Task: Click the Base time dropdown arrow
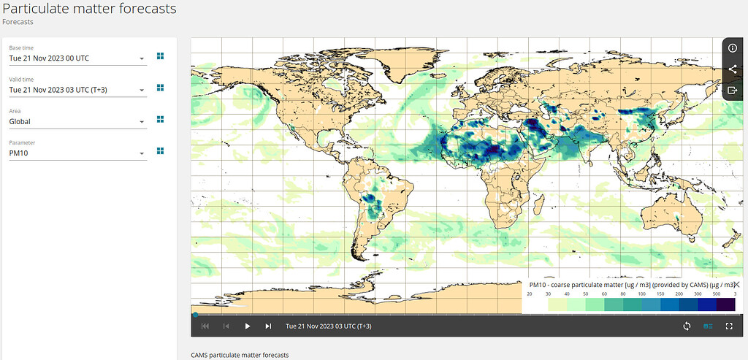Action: click(142, 59)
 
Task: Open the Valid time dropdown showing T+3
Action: click(77, 91)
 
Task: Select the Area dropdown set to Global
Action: click(77, 122)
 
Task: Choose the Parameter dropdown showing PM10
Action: click(77, 153)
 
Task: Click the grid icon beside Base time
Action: click(160, 55)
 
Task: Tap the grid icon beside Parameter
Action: click(160, 150)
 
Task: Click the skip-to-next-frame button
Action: click(268, 326)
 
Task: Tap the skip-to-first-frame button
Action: click(205, 326)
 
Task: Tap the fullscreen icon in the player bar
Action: click(729, 326)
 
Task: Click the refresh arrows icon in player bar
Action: click(687, 326)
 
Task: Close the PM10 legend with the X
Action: click(736, 285)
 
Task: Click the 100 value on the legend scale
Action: click(641, 294)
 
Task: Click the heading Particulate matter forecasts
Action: click(89, 9)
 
